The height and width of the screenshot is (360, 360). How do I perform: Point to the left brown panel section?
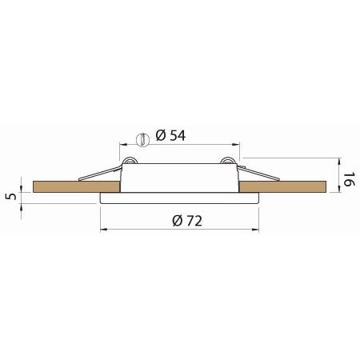tap(76, 187)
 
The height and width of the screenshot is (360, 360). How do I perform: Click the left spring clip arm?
tap(100, 172)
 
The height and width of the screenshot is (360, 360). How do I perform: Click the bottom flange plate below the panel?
tap(179, 197)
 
